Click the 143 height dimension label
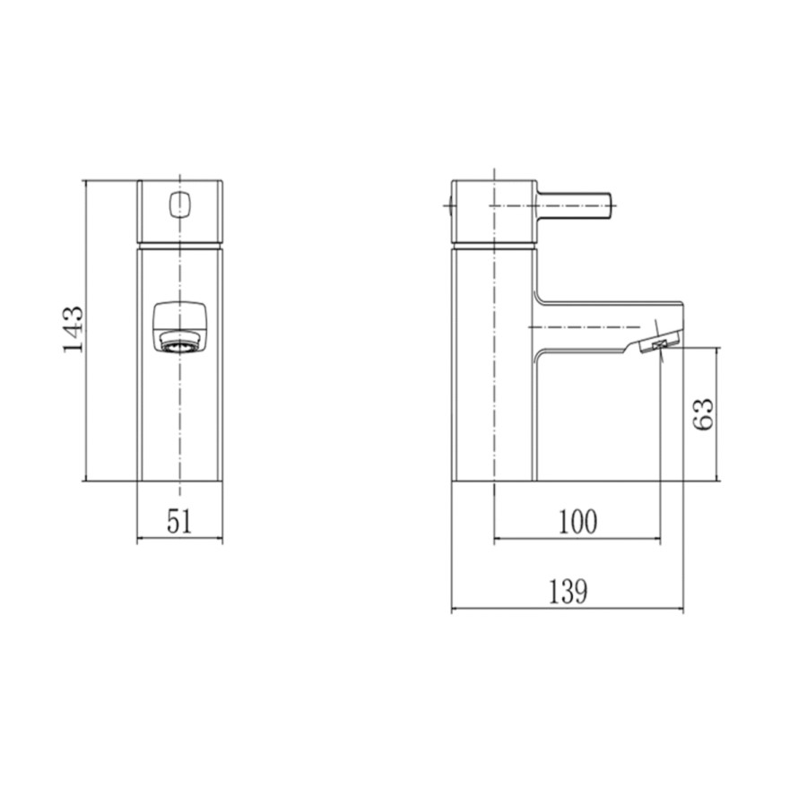[74, 329]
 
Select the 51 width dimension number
[179, 522]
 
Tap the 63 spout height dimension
[705, 413]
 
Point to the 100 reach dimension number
[577, 521]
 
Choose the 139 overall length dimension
[568, 591]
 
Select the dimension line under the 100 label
[577, 540]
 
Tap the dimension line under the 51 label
[179, 541]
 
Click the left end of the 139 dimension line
[451, 611]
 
